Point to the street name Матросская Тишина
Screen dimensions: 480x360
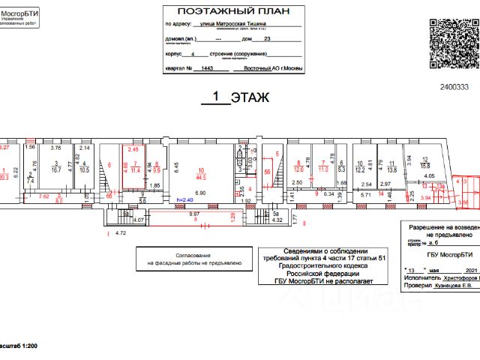click(x=250, y=24)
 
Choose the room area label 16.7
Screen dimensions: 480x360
click(x=55, y=169)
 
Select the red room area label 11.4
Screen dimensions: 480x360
click(x=135, y=170)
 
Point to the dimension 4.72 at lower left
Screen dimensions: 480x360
click(x=120, y=233)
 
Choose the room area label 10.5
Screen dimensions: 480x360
click(x=84, y=169)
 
